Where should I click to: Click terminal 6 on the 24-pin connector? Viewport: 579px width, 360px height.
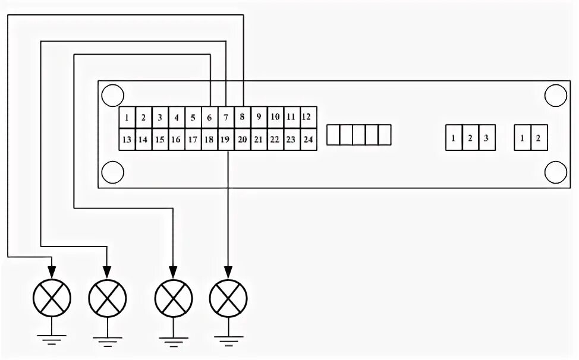tap(209, 118)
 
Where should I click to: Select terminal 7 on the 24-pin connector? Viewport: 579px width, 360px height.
tap(226, 118)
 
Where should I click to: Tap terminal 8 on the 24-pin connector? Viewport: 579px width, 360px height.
tap(243, 118)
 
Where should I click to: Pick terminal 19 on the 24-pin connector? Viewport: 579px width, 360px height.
tap(225, 140)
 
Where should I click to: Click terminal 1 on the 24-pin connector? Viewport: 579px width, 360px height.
tap(127, 118)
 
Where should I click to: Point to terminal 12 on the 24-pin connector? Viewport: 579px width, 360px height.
tap(307, 117)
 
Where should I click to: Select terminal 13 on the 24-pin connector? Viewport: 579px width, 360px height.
tap(127, 140)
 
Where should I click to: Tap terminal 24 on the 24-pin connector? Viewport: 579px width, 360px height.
tap(307, 140)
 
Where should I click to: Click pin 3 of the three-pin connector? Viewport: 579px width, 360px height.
tap(486, 138)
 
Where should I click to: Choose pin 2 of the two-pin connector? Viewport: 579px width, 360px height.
tap(538, 138)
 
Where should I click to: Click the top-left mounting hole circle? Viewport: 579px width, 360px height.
tap(112, 96)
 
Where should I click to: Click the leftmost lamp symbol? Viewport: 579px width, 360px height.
tap(52, 295)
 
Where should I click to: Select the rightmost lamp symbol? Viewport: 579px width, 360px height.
tap(228, 295)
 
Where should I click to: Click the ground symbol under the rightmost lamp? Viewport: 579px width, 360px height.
tap(228, 340)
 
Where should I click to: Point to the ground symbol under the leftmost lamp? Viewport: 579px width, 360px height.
tap(52, 340)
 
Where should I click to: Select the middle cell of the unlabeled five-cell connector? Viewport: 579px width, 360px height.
tap(360, 135)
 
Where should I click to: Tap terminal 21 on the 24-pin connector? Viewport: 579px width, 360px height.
tap(258, 140)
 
